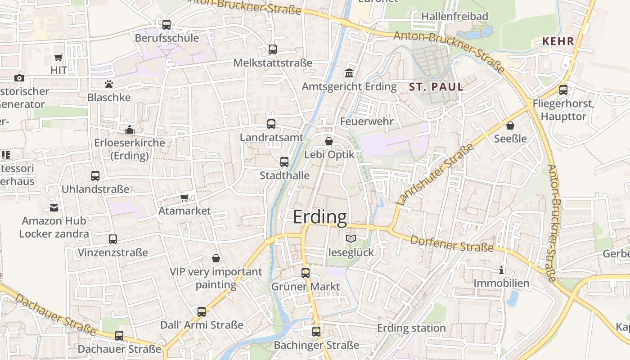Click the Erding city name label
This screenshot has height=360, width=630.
click(x=320, y=217)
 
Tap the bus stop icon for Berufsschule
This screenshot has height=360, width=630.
click(x=166, y=25)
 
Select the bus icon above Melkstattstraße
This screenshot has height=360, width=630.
click(x=272, y=49)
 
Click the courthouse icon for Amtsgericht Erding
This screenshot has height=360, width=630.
click(x=349, y=73)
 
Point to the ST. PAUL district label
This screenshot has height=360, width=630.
click(x=436, y=86)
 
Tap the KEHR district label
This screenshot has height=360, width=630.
click(x=558, y=41)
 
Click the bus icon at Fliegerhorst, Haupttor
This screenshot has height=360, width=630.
click(x=563, y=90)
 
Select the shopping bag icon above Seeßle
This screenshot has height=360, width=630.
click(x=510, y=125)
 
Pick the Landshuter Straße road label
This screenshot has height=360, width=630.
click(x=436, y=175)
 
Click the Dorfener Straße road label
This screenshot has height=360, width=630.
click(x=452, y=243)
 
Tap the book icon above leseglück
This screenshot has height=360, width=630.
click(x=351, y=239)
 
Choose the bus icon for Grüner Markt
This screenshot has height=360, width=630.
click(x=306, y=273)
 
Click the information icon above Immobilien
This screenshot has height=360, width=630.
click(x=501, y=270)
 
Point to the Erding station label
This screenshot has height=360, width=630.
click(x=411, y=328)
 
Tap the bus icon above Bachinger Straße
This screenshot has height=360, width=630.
click(x=316, y=332)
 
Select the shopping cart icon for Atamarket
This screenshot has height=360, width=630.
click(x=184, y=198)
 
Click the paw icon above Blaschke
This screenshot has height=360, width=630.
click(x=108, y=84)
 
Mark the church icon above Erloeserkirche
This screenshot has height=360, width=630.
click(x=130, y=130)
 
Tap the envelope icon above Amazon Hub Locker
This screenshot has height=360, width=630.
click(x=54, y=207)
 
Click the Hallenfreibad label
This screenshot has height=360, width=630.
click(x=454, y=17)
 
